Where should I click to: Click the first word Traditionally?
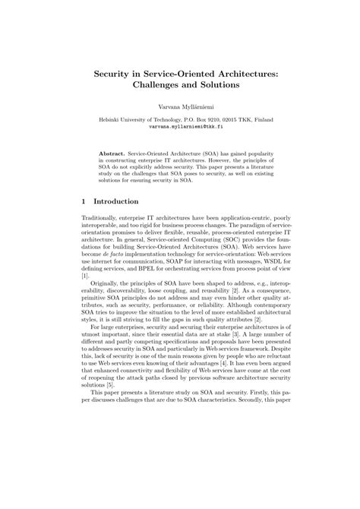coord(100,219)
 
